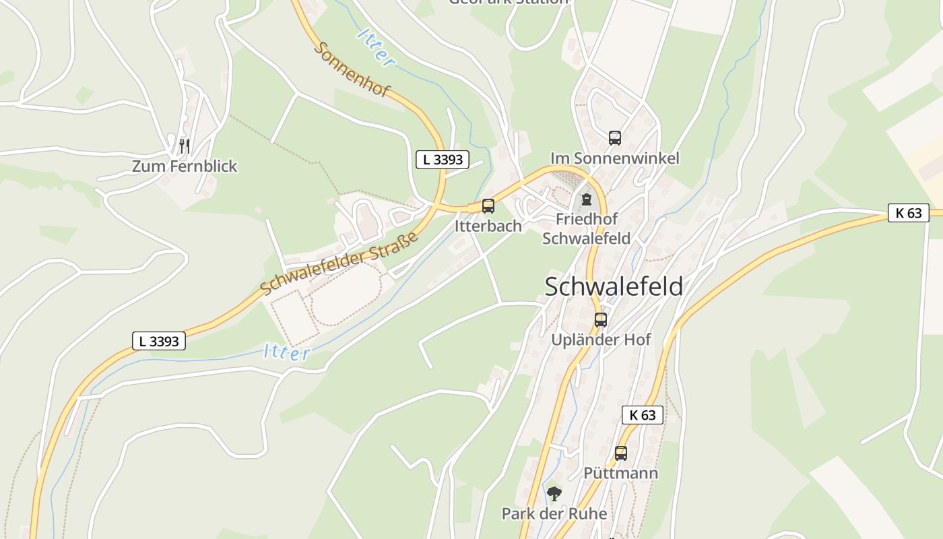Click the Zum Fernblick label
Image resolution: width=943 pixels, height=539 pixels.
(185, 166)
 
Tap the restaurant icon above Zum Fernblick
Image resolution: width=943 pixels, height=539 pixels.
(184, 145)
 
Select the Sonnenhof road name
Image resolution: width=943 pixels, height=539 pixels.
(351, 69)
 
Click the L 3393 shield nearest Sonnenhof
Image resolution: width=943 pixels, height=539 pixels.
(442, 160)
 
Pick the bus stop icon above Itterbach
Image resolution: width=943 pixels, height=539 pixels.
(488, 206)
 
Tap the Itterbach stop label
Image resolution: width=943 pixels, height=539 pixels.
(488, 226)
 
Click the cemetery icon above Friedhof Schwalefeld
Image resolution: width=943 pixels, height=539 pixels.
(587, 199)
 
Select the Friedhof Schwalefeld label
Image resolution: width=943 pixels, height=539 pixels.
(587, 228)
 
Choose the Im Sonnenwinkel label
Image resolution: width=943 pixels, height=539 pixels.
(615, 158)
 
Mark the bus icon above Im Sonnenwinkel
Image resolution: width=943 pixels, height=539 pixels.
(615, 137)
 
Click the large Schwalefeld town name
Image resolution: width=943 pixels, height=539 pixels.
(614, 286)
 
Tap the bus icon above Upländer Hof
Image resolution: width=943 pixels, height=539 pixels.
(601, 320)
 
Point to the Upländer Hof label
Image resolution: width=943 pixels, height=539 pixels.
(601, 340)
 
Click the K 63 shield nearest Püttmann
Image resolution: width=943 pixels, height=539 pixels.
(642, 415)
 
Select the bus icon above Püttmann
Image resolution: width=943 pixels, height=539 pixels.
(621, 453)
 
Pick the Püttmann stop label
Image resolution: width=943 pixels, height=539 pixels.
(621, 473)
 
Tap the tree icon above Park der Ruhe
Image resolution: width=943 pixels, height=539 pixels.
(554, 494)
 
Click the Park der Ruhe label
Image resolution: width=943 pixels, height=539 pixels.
(554, 513)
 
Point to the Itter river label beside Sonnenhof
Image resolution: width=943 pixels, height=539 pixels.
(376, 47)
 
